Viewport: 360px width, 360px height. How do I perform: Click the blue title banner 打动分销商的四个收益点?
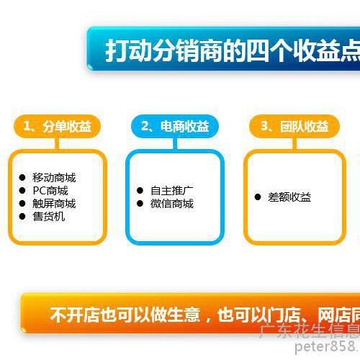[230, 50]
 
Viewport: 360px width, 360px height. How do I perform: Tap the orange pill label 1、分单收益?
[57, 127]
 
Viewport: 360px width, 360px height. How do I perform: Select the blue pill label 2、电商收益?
[175, 127]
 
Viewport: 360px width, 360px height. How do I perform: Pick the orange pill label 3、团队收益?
[294, 127]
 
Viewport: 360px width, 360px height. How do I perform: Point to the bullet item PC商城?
[50, 191]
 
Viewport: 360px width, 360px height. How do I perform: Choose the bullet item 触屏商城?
[53, 204]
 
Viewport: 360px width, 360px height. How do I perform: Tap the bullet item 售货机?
[48, 216]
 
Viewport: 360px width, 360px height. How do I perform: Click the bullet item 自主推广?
[171, 191]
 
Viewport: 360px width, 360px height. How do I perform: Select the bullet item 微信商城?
[171, 204]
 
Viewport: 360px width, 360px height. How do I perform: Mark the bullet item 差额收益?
[289, 197]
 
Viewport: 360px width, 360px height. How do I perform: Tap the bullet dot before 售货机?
[22, 216]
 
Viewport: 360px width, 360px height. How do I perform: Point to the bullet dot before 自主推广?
[140, 191]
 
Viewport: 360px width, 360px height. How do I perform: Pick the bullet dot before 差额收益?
[258, 197]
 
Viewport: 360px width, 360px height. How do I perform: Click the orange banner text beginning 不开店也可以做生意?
[202, 315]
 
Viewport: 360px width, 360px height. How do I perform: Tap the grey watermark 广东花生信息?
[310, 332]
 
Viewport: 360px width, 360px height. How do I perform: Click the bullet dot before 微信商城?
[140, 204]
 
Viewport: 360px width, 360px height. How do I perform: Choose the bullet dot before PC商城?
[22, 191]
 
